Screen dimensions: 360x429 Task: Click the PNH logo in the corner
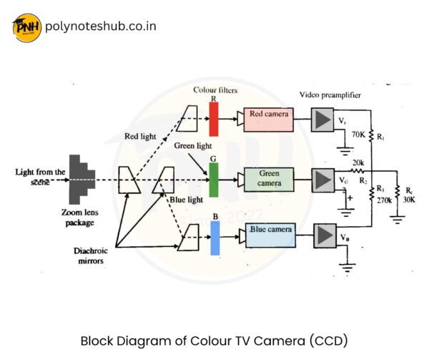point(26,27)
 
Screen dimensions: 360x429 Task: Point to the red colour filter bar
point(213,119)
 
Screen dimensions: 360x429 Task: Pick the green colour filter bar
point(213,179)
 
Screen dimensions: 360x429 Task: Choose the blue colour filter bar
point(214,238)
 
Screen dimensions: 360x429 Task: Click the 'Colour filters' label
point(214,90)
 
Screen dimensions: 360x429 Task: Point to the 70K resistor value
point(358,134)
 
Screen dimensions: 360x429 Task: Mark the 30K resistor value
point(408,200)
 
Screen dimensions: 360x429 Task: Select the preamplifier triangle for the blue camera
point(325,235)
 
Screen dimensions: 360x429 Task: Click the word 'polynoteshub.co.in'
point(100,27)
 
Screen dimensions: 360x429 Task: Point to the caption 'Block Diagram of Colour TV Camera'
point(214,340)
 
